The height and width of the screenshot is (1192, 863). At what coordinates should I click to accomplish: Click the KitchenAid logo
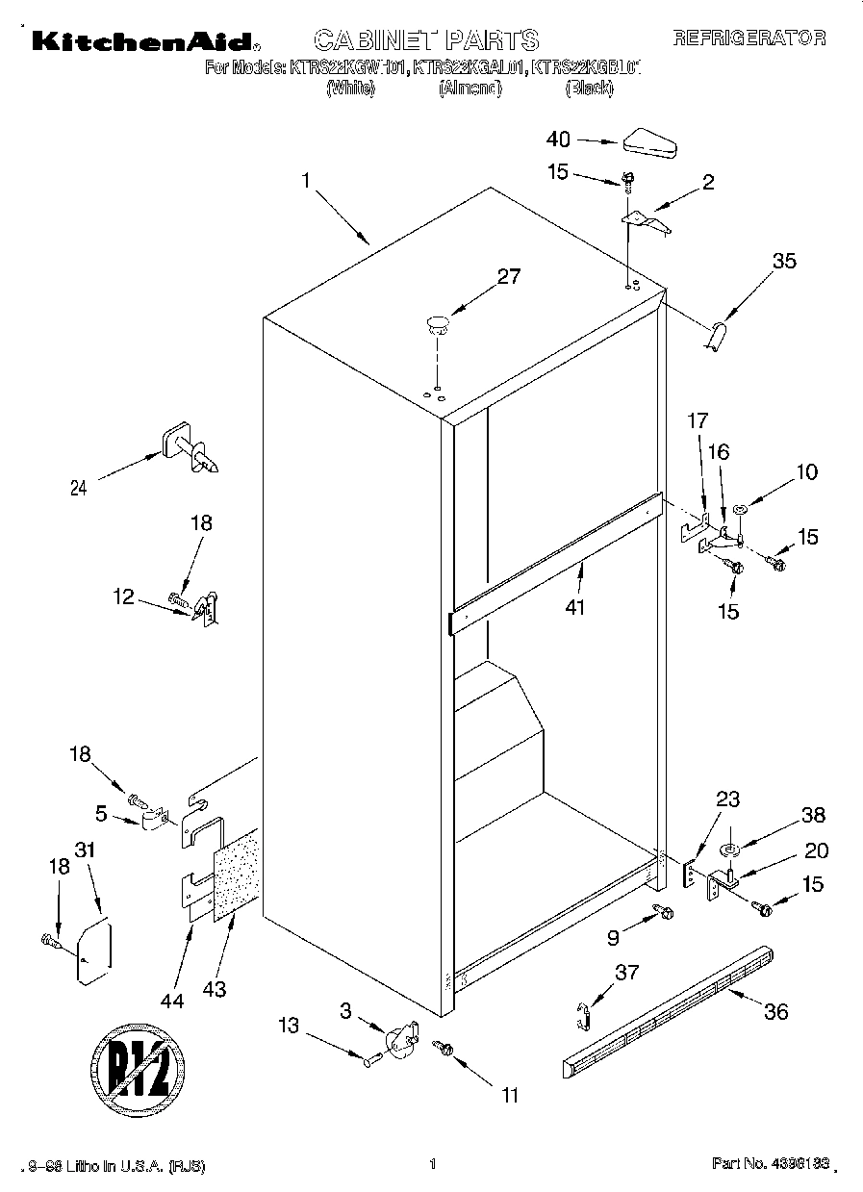point(142,40)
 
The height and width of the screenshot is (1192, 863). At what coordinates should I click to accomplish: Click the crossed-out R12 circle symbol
point(139,1071)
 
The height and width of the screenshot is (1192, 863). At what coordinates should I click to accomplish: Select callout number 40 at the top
point(558,139)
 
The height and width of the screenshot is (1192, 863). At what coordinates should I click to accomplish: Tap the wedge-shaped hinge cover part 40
point(650,142)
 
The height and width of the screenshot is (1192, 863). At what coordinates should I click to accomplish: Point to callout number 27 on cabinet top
point(508,276)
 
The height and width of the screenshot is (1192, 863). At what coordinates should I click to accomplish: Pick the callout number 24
point(78,488)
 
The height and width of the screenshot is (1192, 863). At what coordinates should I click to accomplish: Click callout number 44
point(171,976)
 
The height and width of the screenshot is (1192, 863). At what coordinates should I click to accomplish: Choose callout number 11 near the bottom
point(510,1094)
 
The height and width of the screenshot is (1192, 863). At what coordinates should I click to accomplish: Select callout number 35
point(785,260)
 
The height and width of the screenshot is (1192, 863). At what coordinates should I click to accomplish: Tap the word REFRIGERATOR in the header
point(749,38)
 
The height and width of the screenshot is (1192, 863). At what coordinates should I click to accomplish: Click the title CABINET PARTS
point(426,39)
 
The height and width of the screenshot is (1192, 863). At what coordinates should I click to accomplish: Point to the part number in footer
point(770,1165)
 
